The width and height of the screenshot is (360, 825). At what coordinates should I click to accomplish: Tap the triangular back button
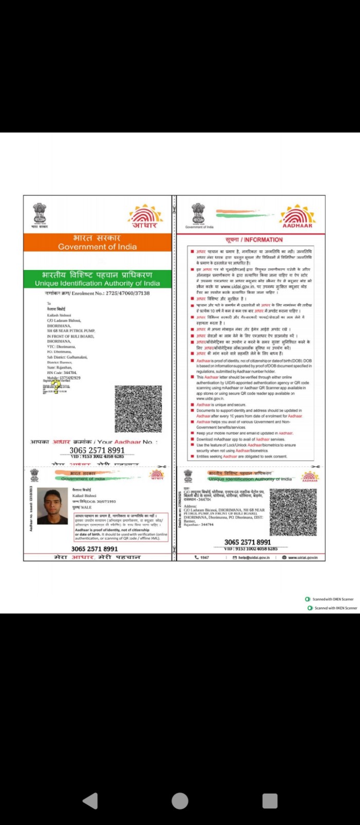91,801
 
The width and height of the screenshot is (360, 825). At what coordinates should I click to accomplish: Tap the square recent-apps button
270,801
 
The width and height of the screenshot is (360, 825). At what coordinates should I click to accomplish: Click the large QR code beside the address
138,409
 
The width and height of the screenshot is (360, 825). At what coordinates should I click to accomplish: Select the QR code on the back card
293,512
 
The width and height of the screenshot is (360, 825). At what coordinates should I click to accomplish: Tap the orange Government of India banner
97,242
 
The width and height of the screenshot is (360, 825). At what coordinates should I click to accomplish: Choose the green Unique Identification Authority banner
97,279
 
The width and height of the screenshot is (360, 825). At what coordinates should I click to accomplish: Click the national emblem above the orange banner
40,215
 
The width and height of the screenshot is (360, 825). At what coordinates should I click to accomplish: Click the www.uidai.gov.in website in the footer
303,558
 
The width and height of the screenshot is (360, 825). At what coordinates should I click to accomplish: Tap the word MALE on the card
86,507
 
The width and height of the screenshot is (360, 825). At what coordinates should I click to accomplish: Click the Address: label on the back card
190,506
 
